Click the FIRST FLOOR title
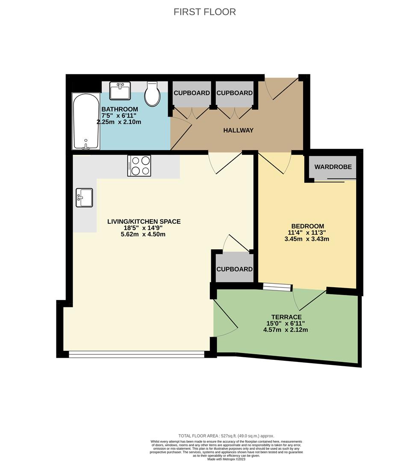pyautogui.click(x=204, y=12)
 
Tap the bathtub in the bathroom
pyautogui.click(x=86, y=121)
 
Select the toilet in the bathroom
pyautogui.click(x=152, y=94)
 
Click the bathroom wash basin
pyautogui.click(x=119, y=90)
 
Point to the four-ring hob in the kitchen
pyautogui.click(x=139, y=166)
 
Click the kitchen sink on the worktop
pyautogui.click(x=84, y=198)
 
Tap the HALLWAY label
pyautogui.click(x=238, y=130)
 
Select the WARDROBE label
pyautogui.click(x=333, y=167)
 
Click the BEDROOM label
pyautogui.click(x=307, y=226)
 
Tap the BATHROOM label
pyautogui.click(x=119, y=109)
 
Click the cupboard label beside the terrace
pyautogui.click(x=234, y=269)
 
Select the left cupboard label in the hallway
pyautogui.click(x=191, y=93)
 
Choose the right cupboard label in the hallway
pyautogui.click(x=234, y=93)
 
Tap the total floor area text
pyautogui.click(x=226, y=435)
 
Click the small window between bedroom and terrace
pyautogui.click(x=277, y=288)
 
